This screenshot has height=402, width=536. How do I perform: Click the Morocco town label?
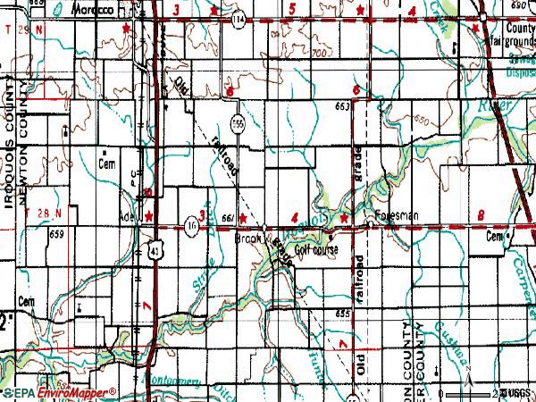(x=93, y=8)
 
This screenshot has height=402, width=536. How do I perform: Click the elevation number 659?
(x=58, y=234)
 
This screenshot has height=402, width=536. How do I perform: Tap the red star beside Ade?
(x=149, y=217)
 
